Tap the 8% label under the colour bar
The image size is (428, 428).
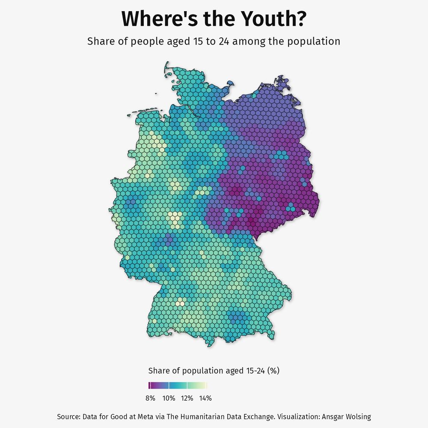pos(150,398)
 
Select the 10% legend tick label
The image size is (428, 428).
pos(169,398)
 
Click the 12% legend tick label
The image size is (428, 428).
pos(187,398)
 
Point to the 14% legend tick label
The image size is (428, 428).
pos(205,398)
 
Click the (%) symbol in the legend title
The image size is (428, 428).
pos(273,371)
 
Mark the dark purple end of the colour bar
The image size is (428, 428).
pos(149,385)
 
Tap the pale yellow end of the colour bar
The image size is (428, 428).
pos(206,385)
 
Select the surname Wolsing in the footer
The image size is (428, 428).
pos(358,416)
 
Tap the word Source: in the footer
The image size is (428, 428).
pos(68,416)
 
